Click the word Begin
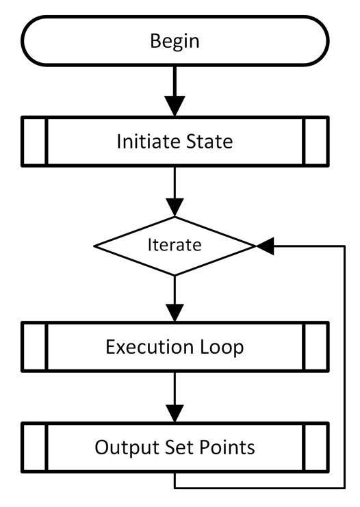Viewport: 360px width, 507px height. (x=175, y=42)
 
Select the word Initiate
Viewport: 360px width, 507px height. (x=144, y=142)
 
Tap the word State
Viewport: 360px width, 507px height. (x=205, y=142)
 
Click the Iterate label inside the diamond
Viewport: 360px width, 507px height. (x=175, y=245)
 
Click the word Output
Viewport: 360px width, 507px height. (x=127, y=448)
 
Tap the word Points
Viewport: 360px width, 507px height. (x=227, y=447)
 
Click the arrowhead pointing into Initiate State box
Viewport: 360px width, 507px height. (x=175, y=106)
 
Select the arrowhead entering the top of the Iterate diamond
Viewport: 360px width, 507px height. (x=175, y=207)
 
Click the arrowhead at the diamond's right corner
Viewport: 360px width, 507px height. (x=265, y=246)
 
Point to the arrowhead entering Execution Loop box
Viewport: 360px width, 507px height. (x=175, y=313)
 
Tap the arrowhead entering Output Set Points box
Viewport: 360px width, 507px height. (x=175, y=413)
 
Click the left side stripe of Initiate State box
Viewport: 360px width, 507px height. (x=34, y=142)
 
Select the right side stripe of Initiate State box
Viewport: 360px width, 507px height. (x=316, y=142)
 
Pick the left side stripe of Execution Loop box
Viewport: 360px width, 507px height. (x=34, y=347)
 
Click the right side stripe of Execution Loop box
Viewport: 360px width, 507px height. (x=316, y=347)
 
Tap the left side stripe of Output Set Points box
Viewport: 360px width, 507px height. (x=34, y=447)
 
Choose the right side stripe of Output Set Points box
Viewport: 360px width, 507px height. (x=316, y=447)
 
